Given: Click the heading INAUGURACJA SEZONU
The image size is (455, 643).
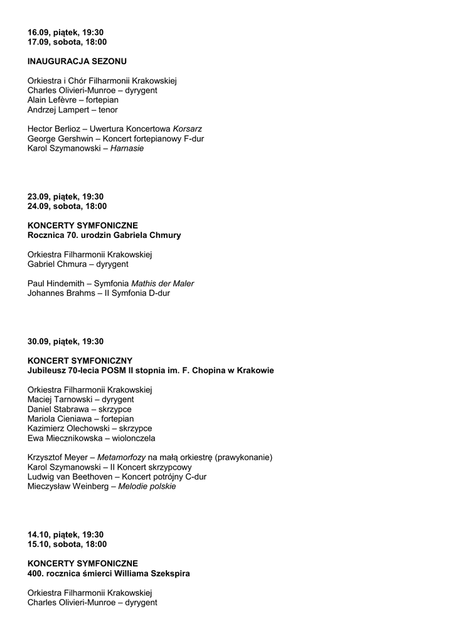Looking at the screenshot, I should coord(77,62).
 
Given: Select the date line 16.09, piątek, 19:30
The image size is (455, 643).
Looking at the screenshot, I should coord(65,32).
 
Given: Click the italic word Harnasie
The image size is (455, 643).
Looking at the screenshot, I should coord(127,149).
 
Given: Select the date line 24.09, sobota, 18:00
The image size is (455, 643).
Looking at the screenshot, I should coord(67,206).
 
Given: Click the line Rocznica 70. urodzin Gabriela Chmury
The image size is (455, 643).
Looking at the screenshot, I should coord(104,235).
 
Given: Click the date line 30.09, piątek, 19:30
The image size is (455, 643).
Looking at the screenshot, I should coord(65,342).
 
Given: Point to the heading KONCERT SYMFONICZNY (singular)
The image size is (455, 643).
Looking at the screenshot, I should coord(80,361).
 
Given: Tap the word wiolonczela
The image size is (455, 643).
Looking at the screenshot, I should coord(132,438).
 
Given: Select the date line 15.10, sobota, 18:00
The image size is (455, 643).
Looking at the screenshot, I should coord(67,544).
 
